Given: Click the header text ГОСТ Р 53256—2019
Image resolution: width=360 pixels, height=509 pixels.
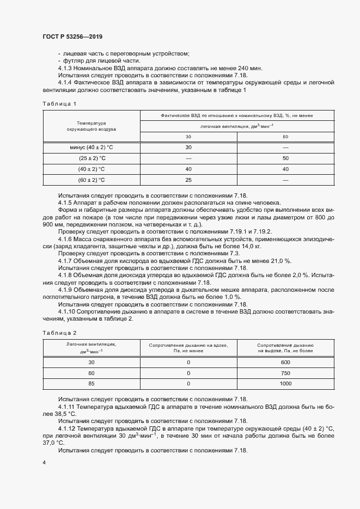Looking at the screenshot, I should pos(72,36).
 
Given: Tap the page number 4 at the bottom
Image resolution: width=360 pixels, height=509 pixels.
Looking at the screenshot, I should pos(44,462).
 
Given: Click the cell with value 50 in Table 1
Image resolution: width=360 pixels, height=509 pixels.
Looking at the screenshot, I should pos(285,158).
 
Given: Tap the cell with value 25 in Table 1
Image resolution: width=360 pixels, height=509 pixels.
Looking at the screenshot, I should pos(188,180).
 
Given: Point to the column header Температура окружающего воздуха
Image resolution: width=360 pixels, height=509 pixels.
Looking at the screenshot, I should pos(91,126).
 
